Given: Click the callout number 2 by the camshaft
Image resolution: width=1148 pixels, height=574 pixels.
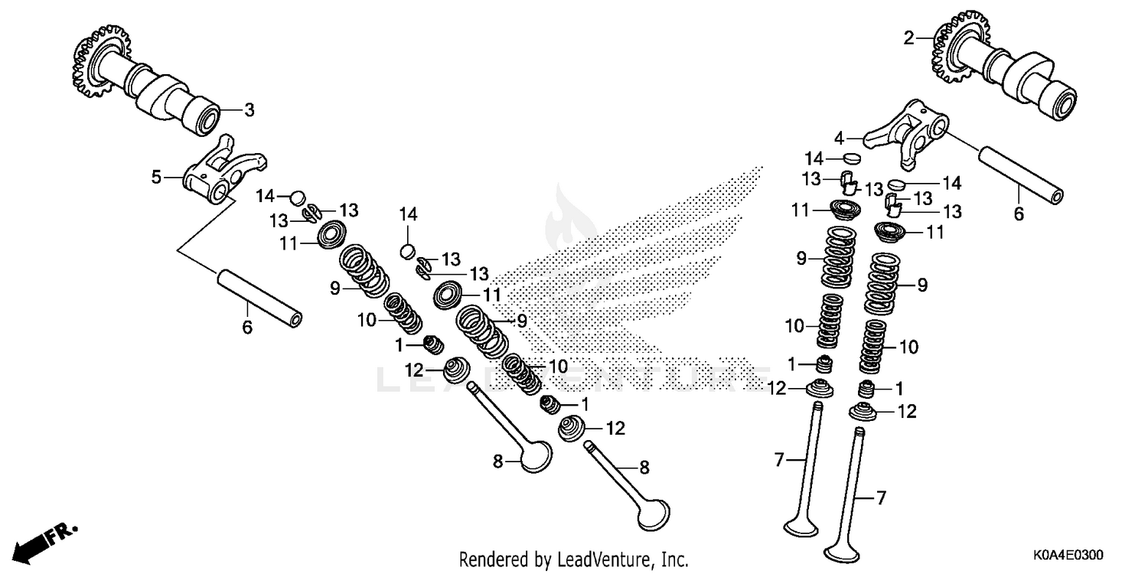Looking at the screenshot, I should click(x=908, y=38).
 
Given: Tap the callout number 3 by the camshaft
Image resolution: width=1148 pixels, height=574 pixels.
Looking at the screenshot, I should click(x=249, y=110).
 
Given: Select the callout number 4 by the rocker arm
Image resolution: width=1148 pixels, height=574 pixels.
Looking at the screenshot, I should click(x=840, y=139).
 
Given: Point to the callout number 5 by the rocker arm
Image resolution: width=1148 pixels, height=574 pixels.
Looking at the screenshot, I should click(x=156, y=178).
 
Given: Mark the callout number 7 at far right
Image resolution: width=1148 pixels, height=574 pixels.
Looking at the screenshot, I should click(x=881, y=498).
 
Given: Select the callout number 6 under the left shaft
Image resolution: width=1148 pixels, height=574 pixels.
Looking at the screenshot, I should click(x=246, y=328).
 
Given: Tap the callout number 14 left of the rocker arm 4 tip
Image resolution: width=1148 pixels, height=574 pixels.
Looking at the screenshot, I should click(x=813, y=158).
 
